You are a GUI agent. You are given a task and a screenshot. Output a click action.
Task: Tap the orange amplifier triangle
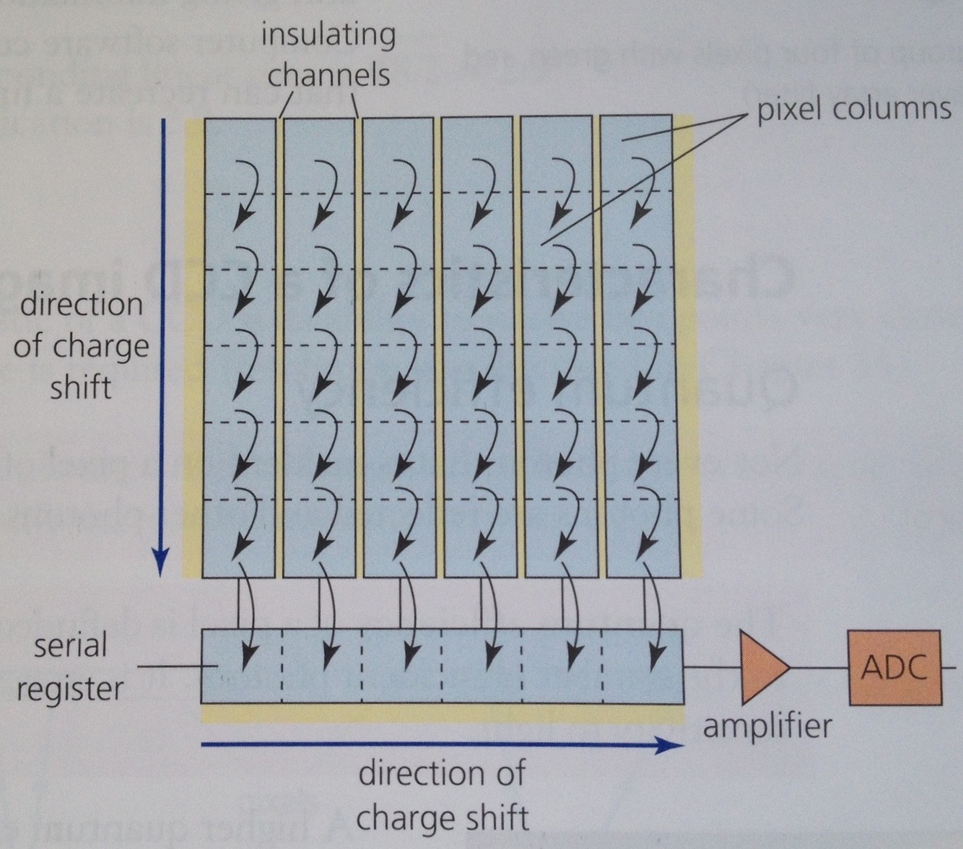[x=762, y=667]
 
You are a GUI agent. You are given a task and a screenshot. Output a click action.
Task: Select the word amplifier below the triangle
[x=767, y=725]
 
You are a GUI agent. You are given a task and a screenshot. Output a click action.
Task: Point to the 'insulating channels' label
[x=328, y=54]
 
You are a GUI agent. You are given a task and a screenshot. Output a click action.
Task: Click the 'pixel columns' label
[x=853, y=109]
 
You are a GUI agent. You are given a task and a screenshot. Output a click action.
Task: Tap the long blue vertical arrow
[x=162, y=347]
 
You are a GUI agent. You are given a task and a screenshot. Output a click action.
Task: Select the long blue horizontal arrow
[x=440, y=745]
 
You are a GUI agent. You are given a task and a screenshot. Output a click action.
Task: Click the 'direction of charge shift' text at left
[x=81, y=346]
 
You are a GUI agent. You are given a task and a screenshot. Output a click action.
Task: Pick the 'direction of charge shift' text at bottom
[x=442, y=796]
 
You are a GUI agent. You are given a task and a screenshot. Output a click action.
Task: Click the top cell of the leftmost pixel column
[x=240, y=155]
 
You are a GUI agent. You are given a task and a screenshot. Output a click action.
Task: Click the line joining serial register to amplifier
[x=711, y=667]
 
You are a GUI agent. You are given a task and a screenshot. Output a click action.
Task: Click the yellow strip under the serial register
[x=442, y=713]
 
